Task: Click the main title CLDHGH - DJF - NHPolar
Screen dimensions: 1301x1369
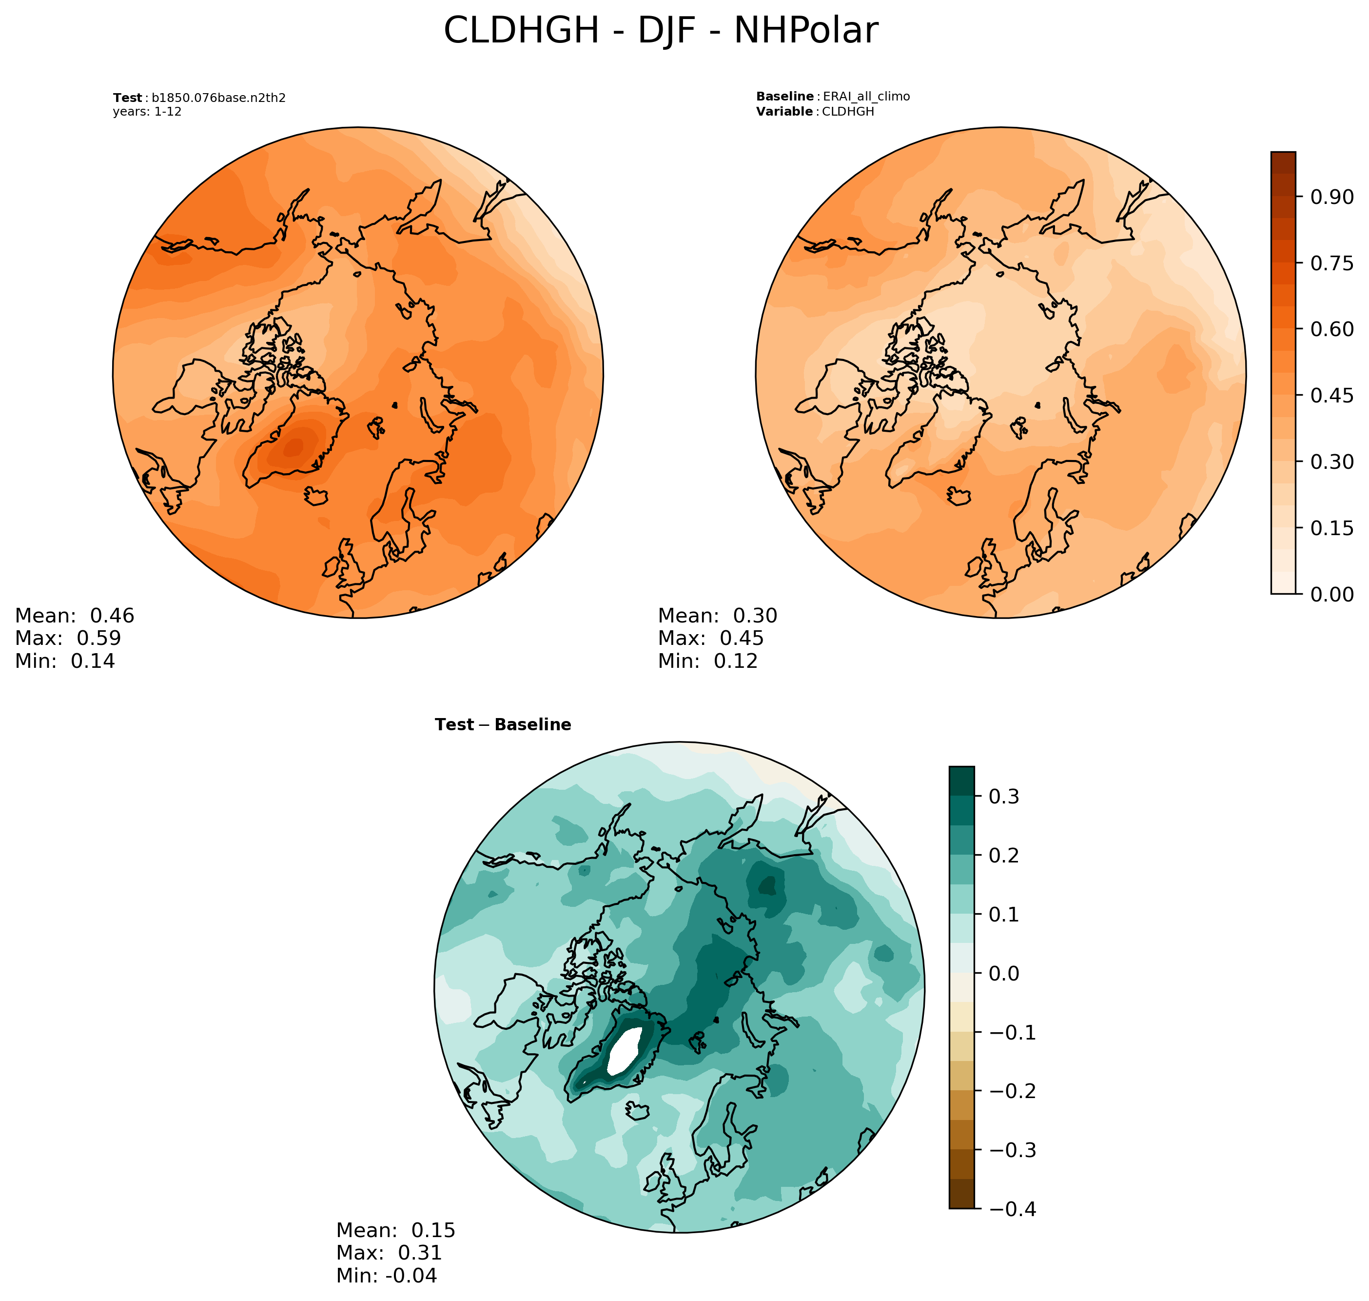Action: tap(660, 31)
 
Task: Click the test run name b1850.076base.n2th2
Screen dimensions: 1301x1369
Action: tap(218, 98)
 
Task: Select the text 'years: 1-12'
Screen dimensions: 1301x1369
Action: tap(147, 112)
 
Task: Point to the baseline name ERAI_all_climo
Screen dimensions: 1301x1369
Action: tap(866, 97)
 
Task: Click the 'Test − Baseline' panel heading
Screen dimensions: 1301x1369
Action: tap(503, 725)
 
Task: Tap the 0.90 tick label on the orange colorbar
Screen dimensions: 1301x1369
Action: tap(1331, 197)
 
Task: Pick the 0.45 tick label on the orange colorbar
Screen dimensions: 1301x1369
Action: tap(1331, 395)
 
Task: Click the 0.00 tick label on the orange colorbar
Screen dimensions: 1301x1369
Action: tap(1331, 594)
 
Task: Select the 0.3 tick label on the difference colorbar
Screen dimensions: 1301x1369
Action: tap(1004, 796)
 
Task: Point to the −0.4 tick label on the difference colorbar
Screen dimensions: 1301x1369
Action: tap(1012, 1209)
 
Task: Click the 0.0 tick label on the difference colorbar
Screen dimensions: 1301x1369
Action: tap(1004, 973)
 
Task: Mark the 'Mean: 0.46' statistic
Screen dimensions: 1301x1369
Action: tap(75, 616)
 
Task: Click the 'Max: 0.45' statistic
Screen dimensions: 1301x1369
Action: tap(710, 638)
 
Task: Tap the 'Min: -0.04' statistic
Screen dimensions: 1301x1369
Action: tap(387, 1275)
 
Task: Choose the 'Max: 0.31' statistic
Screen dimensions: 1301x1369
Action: tap(389, 1252)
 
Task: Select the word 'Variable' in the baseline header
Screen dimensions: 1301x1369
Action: tap(784, 112)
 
